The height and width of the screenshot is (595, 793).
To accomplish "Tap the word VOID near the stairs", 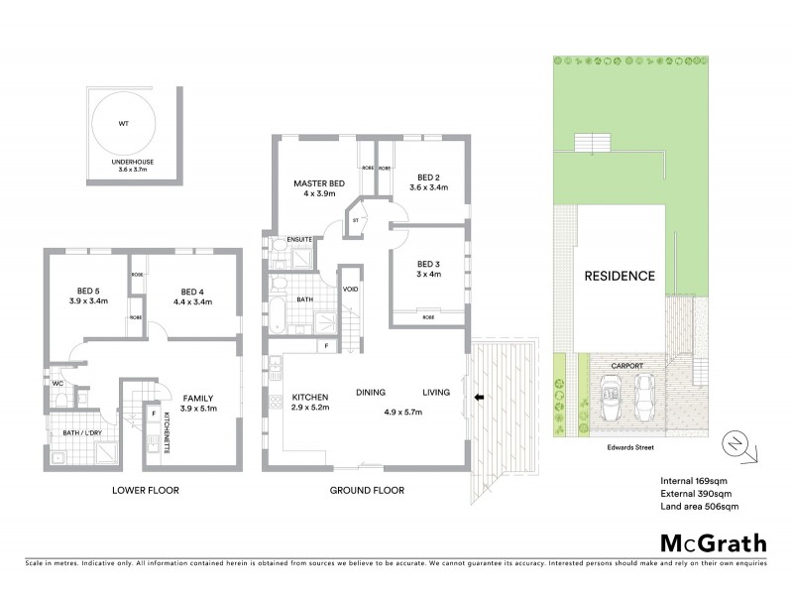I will (x=350, y=290).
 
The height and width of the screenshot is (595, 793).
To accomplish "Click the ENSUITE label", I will (x=300, y=240).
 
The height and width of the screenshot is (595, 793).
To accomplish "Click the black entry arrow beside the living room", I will (x=479, y=398).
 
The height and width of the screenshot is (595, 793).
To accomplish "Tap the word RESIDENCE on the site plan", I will (x=619, y=276).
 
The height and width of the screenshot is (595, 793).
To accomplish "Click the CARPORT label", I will (x=627, y=365).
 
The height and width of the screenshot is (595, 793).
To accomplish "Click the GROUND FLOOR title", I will (x=364, y=490).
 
